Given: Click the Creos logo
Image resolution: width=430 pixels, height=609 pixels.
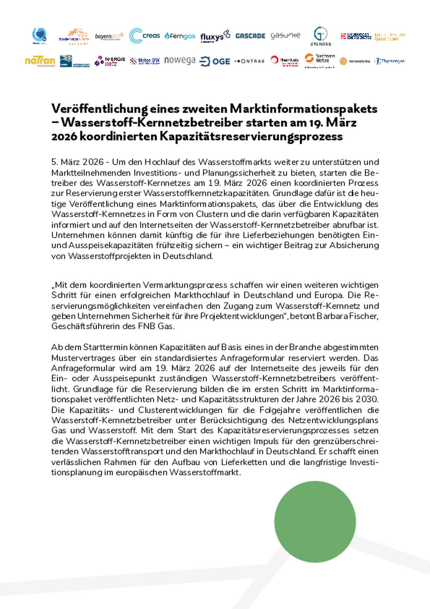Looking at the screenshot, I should coord(145,36).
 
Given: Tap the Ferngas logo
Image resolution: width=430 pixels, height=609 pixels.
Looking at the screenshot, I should coord(180,36).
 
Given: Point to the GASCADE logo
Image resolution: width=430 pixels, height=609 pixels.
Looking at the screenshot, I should coord(250,36).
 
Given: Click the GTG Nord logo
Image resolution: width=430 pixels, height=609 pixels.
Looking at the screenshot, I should coord(320,36).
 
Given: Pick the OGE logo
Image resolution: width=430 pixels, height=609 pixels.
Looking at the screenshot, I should coord(215,61).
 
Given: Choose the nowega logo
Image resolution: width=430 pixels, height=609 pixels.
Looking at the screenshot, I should coord(180,60).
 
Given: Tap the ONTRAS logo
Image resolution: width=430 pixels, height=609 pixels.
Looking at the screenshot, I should coord(250,61).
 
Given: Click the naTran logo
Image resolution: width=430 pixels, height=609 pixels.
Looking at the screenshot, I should coord(40,61).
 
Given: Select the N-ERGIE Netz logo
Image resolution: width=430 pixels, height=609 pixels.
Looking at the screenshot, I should coord(110,61).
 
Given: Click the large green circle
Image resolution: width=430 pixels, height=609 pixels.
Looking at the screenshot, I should coord(315,521).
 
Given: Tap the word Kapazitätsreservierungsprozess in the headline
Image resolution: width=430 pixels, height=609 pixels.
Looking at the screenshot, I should coord(251,136).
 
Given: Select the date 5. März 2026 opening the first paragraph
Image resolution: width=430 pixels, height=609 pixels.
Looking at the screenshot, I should coord(77,162).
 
